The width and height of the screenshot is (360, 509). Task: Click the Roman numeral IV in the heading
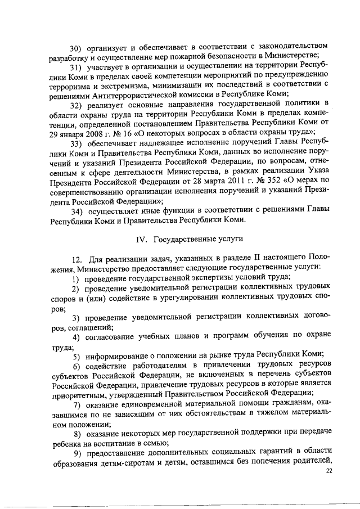[143, 240]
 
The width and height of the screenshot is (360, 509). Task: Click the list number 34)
[79, 210]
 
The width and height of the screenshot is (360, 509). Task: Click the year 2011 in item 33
[202, 179]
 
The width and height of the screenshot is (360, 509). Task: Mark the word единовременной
[150, 406]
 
